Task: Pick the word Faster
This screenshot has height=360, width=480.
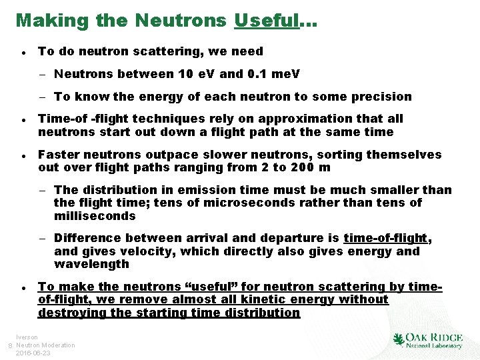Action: [60, 155]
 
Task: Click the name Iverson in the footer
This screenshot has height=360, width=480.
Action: [27, 338]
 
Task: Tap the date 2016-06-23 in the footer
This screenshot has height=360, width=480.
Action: [33, 353]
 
